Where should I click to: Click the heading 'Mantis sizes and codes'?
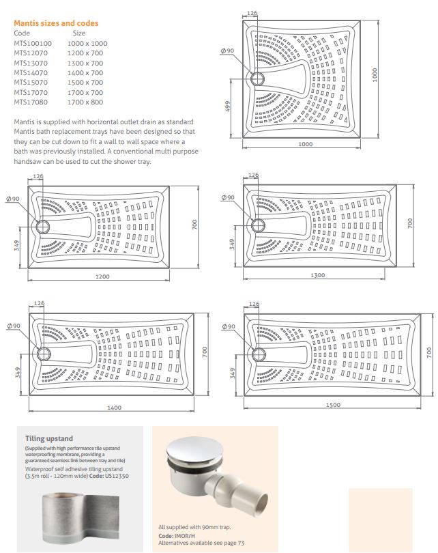point(56,23)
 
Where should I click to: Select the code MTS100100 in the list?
point(33,43)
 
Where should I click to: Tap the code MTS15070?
point(31,83)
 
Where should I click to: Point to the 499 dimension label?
point(230,109)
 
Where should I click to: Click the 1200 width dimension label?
point(102,277)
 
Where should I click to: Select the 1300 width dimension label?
point(317,275)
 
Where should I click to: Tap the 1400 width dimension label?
point(113,408)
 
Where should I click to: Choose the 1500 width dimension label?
point(332,405)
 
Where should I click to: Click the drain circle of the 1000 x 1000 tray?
point(260,78)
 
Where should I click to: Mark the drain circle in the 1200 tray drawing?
point(45,226)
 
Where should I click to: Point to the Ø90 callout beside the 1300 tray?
point(227,198)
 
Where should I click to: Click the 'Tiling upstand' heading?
point(48,438)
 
